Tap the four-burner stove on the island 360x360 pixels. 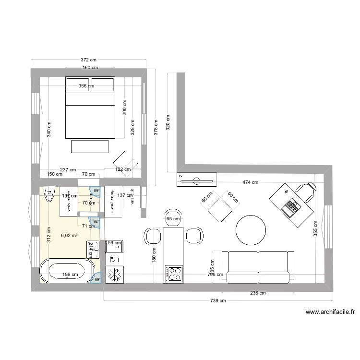click(x=174, y=274)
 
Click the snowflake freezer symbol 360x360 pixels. click(x=115, y=275)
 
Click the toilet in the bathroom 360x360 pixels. click(x=49, y=194)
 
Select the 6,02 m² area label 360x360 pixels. click(x=69, y=235)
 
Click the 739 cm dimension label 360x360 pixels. click(x=218, y=301)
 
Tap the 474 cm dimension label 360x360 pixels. click(x=250, y=182)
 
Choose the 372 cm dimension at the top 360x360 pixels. click(x=88, y=60)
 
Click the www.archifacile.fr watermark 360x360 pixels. click(x=330, y=312)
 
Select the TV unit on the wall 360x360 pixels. click(x=197, y=180)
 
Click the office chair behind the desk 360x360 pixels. click(x=306, y=191)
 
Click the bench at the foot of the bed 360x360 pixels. click(x=90, y=146)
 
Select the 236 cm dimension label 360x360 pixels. click(x=258, y=293)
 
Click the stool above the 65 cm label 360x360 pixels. click(x=173, y=214)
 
